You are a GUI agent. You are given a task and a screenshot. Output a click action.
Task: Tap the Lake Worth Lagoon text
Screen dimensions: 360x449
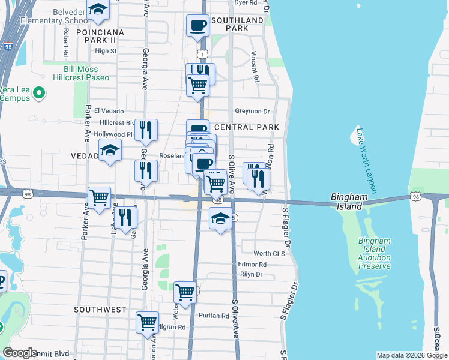tap(366, 160)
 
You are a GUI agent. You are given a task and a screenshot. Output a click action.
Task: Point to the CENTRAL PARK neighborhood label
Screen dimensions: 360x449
tap(247, 128)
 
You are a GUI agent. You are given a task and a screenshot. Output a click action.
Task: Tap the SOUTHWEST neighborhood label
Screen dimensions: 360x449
tap(100, 310)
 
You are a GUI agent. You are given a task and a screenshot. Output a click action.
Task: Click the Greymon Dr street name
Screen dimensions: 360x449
tap(253, 111)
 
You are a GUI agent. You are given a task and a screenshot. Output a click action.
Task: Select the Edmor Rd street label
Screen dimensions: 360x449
tap(252, 264)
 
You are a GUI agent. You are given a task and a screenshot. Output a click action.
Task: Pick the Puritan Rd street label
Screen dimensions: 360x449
tap(216, 316)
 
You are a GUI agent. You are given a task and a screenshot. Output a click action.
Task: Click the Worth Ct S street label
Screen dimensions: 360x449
tap(268, 254)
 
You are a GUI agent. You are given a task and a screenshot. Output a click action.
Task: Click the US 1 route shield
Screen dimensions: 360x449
tap(204, 55)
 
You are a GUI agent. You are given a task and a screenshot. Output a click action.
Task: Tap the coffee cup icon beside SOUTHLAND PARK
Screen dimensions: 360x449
tap(197, 25)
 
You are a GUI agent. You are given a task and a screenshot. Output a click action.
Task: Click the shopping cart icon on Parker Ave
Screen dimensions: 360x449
tap(100, 197)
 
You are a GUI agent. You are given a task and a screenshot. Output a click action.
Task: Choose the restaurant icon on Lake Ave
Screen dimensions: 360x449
tap(125, 217)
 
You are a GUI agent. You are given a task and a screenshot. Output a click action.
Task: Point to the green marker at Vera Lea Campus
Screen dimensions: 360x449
tap(40, 93)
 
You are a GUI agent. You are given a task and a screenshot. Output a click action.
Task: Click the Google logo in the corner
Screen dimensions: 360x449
tap(20, 353)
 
